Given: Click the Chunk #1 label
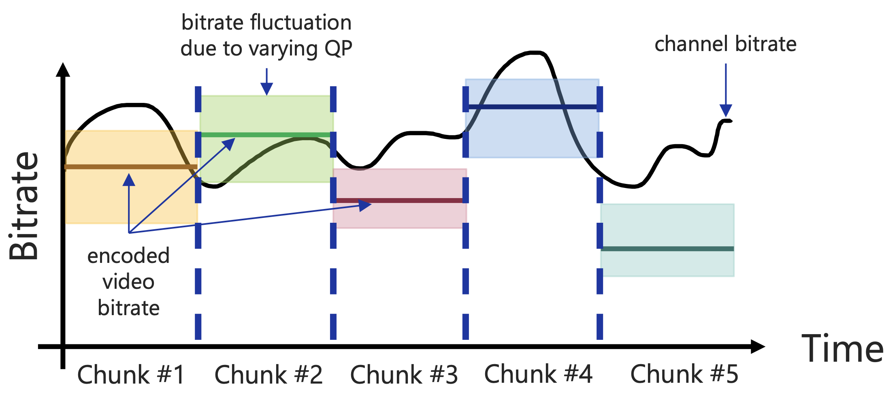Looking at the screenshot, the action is point(131,374).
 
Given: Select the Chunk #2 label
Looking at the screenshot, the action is point(268,374).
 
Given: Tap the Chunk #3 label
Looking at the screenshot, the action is point(404,374).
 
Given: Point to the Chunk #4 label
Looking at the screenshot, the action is point(538,373).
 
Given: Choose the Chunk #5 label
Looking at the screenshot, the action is point(684,373).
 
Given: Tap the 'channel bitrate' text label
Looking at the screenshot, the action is point(725,44).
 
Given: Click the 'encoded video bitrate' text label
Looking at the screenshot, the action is point(129,282).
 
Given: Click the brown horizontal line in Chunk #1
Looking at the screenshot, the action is point(131,167).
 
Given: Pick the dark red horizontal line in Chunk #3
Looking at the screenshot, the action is point(399,200).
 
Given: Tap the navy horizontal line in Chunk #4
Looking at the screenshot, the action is point(533,107).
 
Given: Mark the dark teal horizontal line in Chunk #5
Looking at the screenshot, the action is point(667,249).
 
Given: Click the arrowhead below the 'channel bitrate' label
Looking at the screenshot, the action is point(726,111).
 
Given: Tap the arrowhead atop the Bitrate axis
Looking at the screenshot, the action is point(63,69).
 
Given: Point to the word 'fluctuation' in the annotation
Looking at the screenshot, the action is point(301,22).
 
